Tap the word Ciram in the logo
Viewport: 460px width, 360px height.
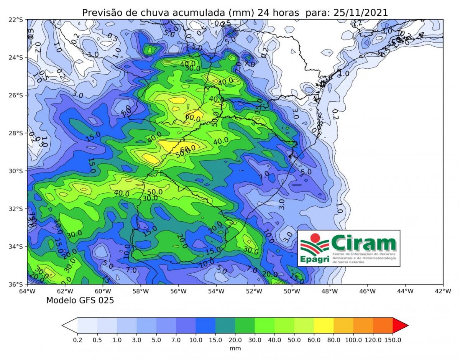pos(363,243)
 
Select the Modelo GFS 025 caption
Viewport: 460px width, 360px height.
pos(80,301)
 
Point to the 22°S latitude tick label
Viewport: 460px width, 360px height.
pos(16,20)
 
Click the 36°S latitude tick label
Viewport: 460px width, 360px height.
pos(16,284)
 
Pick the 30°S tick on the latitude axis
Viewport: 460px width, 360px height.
pos(16,171)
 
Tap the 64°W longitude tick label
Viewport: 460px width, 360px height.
pos(27,291)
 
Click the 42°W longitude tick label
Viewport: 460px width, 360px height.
pos(443,291)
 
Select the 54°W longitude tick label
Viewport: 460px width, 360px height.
pos(216,291)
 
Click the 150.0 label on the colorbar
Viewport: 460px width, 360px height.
pos(393,340)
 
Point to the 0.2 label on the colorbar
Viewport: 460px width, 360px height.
pos(77,340)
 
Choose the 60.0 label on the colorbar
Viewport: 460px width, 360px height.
pos(314,340)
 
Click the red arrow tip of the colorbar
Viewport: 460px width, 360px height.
pos(400,325)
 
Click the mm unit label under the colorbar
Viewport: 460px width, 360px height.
pos(235,348)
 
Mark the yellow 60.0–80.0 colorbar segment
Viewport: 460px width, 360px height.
pos(324,325)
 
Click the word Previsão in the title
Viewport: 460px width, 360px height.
pos(99,12)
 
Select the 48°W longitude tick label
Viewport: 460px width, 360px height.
pos(330,291)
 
